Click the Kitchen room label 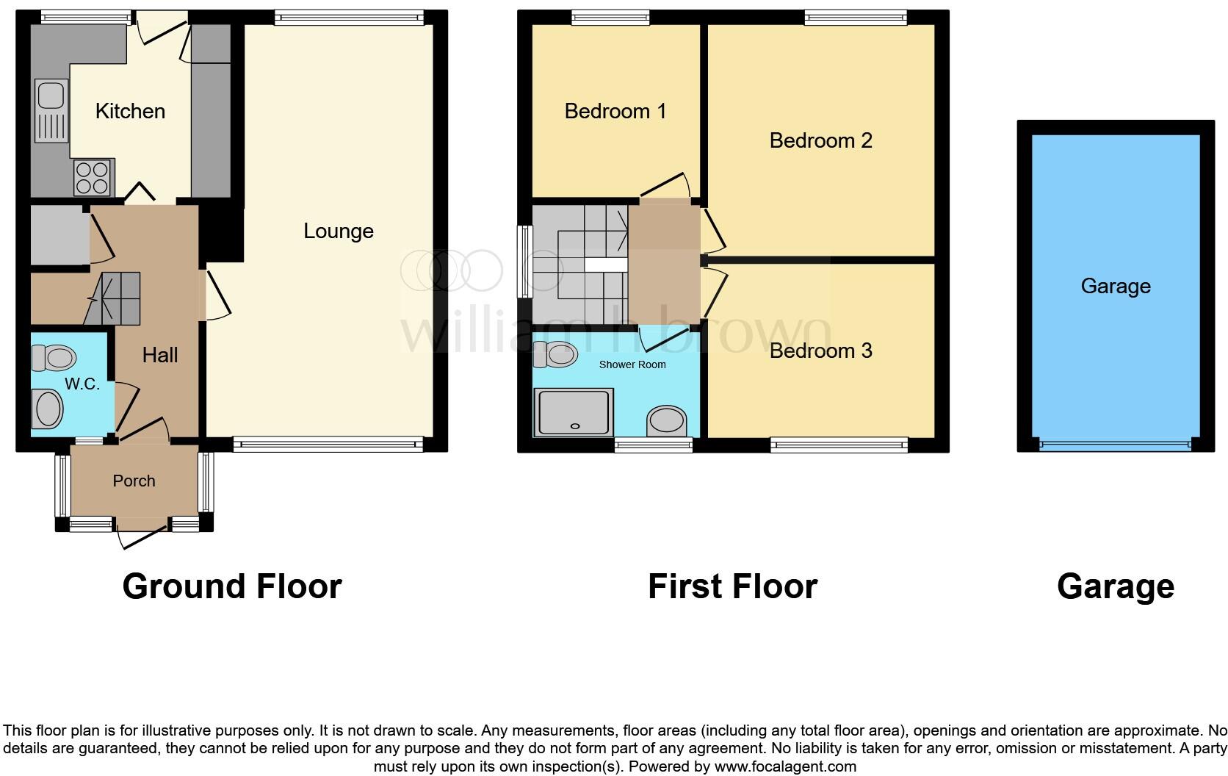130,111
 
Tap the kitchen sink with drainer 51,111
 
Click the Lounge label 339,231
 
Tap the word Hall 160,355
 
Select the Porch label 134,481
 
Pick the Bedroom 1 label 615,111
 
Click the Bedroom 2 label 820,140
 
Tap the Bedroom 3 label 820,351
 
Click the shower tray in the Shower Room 574,412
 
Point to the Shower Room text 632,364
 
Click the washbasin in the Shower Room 666,422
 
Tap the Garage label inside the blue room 1115,286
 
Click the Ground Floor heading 232,586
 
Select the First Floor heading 732,586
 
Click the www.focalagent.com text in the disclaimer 785,766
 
